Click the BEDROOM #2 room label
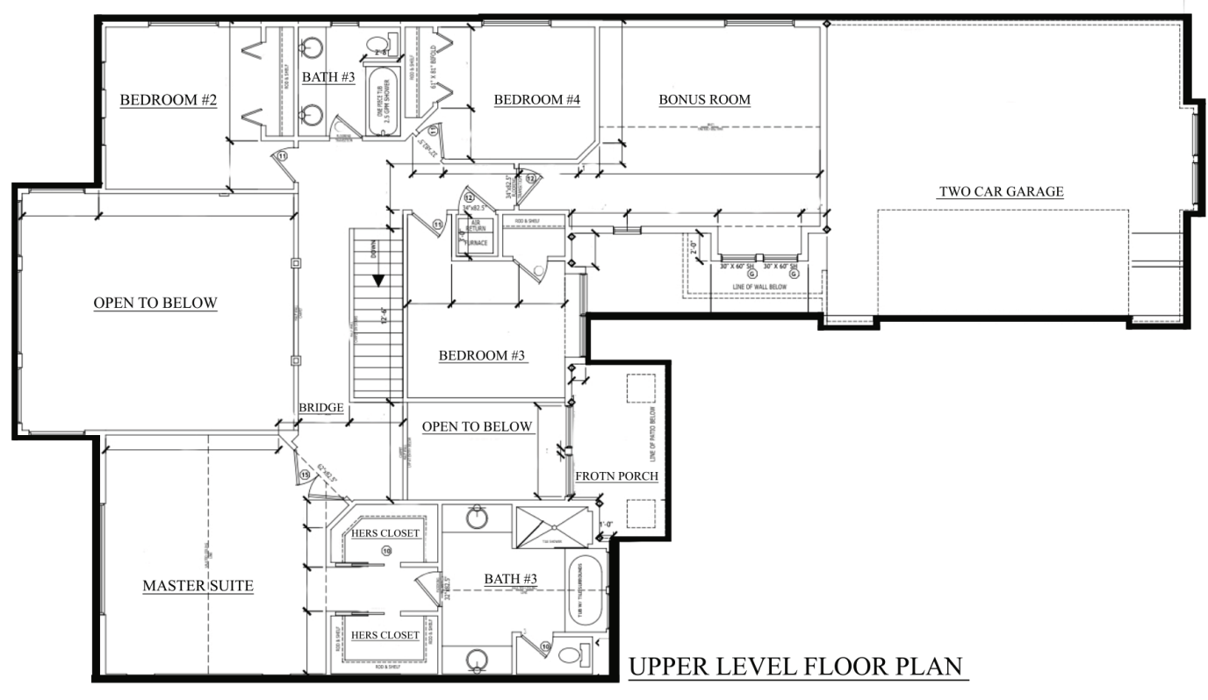(x=168, y=100)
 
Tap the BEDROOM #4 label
(x=537, y=100)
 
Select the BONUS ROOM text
(x=704, y=100)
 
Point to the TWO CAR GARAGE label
(x=1001, y=191)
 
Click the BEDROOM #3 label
(x=482, y=355)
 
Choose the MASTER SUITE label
(x=198, y=585)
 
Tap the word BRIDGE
(x=320, y=408)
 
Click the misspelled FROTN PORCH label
(x=616, y=476)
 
